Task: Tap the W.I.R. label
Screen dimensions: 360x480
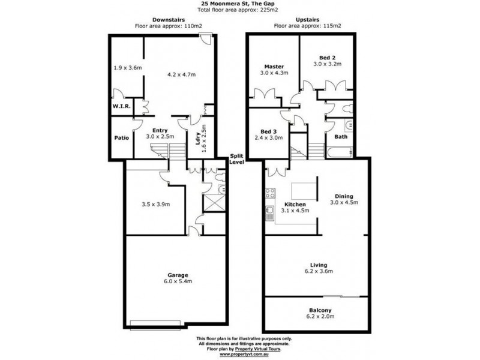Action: pos(122,106)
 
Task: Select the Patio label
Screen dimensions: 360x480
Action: pos(122,137)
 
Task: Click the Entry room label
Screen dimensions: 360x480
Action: pos(160,130)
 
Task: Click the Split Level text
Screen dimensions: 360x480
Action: pos(238,160)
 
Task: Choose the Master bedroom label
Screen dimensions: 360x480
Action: pos(274,66)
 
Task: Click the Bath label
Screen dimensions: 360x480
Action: pos(341,137)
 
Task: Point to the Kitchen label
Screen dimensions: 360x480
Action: pos(295,204)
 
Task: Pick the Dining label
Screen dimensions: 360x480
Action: pos(344,196)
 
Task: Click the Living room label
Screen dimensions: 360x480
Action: pos(319,264)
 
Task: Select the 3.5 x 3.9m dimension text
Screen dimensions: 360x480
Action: pos(155,204)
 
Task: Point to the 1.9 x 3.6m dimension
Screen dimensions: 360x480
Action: pos(127,67)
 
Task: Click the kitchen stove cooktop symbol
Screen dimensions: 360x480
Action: pos(269,194)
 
